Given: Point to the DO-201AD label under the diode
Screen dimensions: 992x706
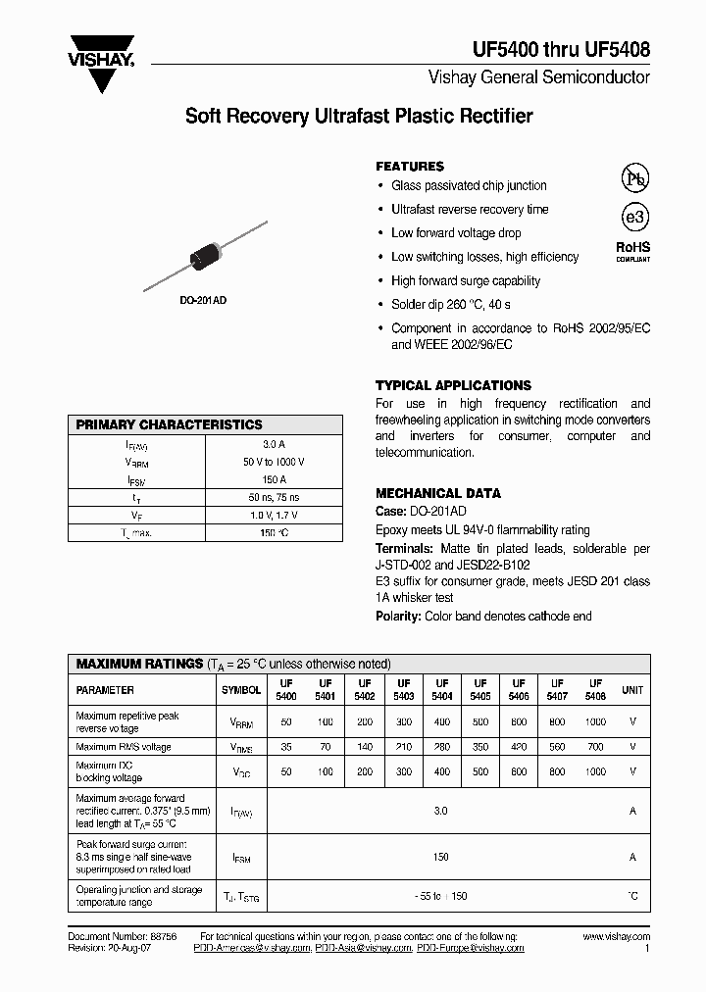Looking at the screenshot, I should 203,300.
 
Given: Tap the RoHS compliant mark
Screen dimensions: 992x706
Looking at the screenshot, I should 632,251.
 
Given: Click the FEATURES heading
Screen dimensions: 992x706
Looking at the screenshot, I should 410,167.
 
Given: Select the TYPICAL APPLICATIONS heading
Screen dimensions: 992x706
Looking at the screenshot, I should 453,385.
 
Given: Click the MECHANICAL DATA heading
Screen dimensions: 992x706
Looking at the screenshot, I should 438,493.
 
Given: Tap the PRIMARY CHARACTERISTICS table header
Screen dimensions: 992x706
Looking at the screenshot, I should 170,424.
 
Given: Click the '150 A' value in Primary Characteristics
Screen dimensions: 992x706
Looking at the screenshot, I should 274,479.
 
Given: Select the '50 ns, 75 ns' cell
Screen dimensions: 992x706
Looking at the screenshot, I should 274,497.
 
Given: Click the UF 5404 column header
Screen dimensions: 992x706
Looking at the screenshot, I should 441,689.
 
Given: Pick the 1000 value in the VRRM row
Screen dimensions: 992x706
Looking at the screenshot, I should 595,721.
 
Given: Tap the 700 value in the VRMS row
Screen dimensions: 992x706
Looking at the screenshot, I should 595,747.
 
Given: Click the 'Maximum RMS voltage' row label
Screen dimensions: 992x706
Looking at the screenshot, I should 124,747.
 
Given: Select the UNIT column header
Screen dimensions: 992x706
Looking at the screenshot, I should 632,690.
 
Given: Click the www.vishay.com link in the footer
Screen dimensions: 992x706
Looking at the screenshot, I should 616,937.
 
